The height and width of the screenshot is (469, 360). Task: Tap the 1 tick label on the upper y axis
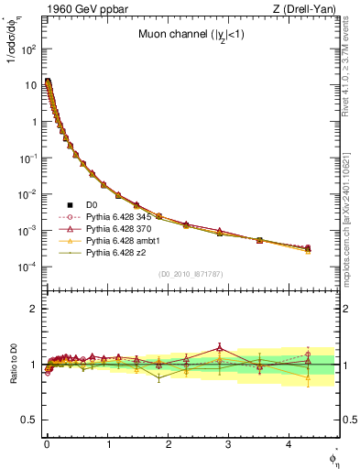coord(35,122)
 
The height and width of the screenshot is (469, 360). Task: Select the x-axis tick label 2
coord(169,442)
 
